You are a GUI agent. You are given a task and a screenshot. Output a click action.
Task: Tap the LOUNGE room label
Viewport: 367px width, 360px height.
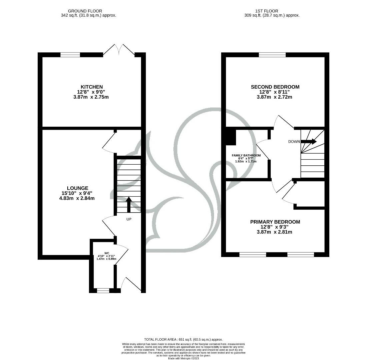click(x=77, y=188)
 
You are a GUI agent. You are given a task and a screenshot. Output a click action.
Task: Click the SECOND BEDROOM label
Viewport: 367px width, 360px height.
click(x=275, y=87)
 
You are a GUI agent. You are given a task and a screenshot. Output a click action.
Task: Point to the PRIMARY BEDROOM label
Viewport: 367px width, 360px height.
click(x=275, y=222)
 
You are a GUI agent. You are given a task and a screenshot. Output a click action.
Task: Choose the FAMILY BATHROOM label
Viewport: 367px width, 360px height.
click(x=246, y=156)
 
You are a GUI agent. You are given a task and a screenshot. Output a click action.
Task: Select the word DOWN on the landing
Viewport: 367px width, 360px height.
click(x=294, y=142)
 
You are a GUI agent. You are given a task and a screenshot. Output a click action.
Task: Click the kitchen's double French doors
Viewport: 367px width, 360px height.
click(x=119, y=50)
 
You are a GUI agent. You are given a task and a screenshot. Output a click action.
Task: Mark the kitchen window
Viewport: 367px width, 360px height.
click(x=70, y=55)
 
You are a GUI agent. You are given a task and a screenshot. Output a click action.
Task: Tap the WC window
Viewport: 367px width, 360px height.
click(x=103, y=291)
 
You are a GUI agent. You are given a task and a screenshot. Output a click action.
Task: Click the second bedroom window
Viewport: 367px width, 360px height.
click(x=272, y=55)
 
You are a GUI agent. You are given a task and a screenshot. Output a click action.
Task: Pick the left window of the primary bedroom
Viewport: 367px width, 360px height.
click(x=253, y=255)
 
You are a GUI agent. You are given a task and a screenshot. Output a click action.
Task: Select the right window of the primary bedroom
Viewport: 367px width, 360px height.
click(x=301, y=255)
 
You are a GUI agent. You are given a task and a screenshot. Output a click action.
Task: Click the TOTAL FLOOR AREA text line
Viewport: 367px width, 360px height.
click(x=183, y=339)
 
